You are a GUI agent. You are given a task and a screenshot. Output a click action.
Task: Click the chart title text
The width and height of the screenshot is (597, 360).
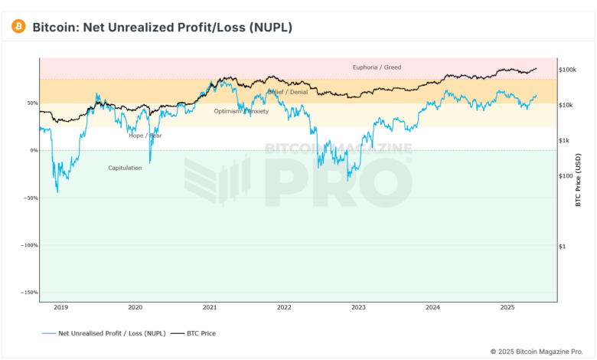click(x=161, y=28)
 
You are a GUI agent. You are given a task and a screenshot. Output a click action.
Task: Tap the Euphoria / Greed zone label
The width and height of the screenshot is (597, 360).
click(x=376, y=67)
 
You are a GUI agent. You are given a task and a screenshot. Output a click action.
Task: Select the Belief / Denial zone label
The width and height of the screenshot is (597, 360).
click(x=288, y=92)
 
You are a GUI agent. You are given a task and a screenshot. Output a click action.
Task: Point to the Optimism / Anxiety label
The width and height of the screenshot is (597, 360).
click(x=242, y=111)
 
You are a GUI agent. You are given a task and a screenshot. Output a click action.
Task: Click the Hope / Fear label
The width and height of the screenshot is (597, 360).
click(x=145, y=136)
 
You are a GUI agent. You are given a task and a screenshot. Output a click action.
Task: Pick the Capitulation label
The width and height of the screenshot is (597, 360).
click(x=125, y=168)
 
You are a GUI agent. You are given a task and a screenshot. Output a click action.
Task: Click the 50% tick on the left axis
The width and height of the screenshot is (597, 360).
click(x=32, y=103)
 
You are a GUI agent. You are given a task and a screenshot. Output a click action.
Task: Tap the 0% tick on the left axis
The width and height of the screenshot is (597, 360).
click(x=34, y=150)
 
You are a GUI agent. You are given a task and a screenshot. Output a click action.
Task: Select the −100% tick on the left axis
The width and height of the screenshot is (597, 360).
click(x=30, y=245)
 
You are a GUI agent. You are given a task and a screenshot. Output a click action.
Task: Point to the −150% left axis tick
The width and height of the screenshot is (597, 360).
click(x=30, y=293)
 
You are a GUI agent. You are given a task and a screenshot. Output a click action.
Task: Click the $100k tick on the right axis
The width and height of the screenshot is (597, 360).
click(x=568, y=70)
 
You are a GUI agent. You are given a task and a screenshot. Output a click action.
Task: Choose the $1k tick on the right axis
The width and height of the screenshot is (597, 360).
click(x=566, y=140)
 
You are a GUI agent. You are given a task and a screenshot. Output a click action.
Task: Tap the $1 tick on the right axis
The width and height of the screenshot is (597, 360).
click(x=563, y=246)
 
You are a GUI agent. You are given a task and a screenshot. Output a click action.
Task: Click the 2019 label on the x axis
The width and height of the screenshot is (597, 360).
click(x=60, y=308)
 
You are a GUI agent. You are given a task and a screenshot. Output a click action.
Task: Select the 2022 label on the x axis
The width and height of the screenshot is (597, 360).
click(x=284, y=308)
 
